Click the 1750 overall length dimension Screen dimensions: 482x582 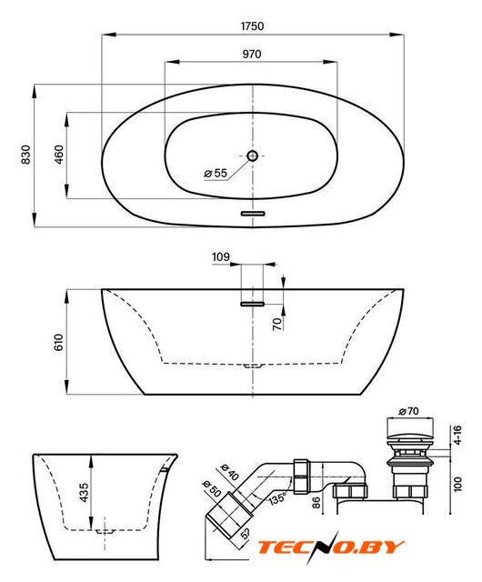[253, 26]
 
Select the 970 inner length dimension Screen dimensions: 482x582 [252, 55]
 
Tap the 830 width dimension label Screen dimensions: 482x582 [26, 155]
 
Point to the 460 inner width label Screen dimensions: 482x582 [59, 155]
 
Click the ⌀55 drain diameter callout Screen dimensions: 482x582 [216, 173]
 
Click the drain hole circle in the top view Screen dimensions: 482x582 [253, 156]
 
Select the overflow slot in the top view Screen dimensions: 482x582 [253, 214]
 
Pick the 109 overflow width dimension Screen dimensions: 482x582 [221, 256]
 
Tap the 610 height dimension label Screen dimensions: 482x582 [59, 342]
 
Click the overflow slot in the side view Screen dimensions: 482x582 [253, 304]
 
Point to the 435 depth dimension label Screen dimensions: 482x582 [85, 493]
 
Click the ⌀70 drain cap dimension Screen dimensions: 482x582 [408, 411]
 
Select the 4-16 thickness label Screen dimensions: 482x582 [457, 435]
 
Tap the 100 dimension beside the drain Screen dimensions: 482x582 [457, 485]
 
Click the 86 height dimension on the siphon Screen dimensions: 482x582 [316, 503]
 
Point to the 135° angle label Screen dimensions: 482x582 [277, 498]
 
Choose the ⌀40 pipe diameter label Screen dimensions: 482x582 [229, 472]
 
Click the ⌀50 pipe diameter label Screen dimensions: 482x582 [212, 489]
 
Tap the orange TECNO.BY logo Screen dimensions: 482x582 [330, 547]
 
